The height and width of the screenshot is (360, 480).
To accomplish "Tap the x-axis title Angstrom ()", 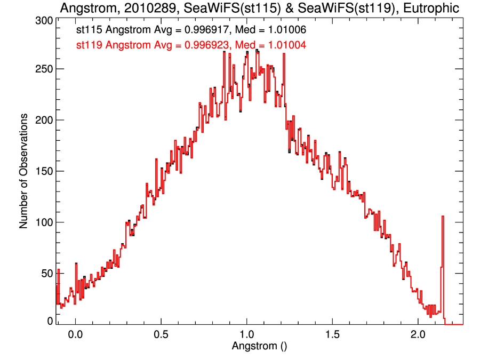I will coord(259,346).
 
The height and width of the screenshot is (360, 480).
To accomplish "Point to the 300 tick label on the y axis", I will coord(43,21).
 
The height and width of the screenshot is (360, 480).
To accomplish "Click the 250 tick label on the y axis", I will coord(43,69).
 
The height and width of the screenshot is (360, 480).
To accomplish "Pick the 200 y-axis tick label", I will coord(43,121).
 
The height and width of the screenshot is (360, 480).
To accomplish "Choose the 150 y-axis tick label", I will coord(43,171).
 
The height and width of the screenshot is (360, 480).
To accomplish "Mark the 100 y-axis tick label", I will coord(43,222).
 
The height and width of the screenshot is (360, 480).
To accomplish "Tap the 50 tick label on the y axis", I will coord(46,273).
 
